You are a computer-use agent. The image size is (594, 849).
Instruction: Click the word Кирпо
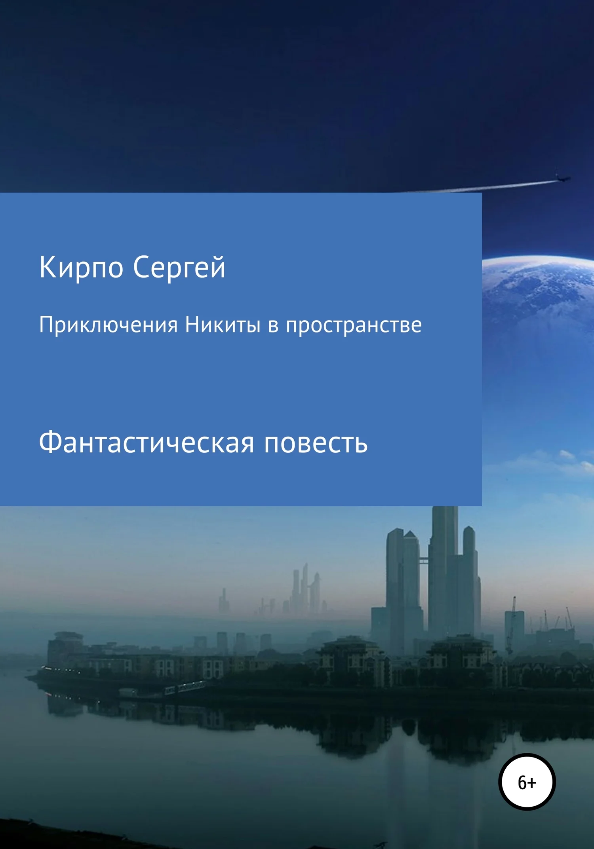pos(81,268)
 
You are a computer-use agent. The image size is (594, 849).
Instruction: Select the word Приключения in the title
pos(108,325)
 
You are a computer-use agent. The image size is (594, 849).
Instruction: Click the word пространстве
pos(354,325)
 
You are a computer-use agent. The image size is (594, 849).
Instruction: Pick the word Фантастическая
pos(146,443)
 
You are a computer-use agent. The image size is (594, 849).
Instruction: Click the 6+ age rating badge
pos(527,781)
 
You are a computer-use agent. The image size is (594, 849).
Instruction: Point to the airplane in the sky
pos(562,178)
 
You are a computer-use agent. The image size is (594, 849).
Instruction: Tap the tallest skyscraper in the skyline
pos(444,570)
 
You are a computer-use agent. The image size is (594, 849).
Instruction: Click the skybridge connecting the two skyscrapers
pos(423,560)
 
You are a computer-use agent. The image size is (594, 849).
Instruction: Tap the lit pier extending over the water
pos(184,687)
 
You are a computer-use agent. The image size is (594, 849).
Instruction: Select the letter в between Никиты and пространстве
pos(273,326)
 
